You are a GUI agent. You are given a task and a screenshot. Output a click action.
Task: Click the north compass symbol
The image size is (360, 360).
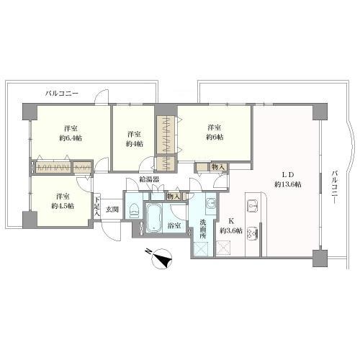pos(161,258)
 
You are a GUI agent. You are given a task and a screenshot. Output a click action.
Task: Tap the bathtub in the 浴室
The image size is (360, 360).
pos(153,218)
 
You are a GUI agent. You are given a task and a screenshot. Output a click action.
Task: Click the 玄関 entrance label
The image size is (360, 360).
pos(112,210)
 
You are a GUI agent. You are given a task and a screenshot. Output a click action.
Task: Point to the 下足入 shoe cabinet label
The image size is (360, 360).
pos(96,207)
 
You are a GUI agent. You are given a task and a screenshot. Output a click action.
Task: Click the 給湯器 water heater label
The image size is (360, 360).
pos(150,179)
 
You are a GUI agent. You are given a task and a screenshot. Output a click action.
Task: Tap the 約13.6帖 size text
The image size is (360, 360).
pos(288,184)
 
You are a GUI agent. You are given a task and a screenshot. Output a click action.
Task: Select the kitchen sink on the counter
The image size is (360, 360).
pos(253,205)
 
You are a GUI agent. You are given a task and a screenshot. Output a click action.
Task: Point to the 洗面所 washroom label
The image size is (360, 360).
pos(203,229)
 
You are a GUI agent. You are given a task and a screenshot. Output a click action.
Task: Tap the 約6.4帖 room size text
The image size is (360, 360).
pos(71,138)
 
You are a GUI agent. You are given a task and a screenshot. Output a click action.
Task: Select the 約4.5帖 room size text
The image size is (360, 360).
pos(63,206)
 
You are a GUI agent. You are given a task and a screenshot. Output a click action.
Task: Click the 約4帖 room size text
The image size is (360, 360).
pos(134,144)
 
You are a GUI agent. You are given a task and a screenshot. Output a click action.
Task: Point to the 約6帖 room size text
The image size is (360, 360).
pos(215,138)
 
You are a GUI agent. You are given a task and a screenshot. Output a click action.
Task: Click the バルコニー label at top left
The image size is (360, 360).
pos(62,94)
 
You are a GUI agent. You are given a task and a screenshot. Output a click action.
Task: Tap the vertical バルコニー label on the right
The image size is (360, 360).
pos(335,187)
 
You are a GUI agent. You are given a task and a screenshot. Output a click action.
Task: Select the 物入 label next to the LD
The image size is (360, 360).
pos(218,167)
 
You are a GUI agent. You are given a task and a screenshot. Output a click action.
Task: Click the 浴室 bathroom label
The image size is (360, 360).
pos(174,225)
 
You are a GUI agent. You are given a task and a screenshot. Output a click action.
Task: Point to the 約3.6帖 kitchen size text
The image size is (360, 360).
pos(231,231)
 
